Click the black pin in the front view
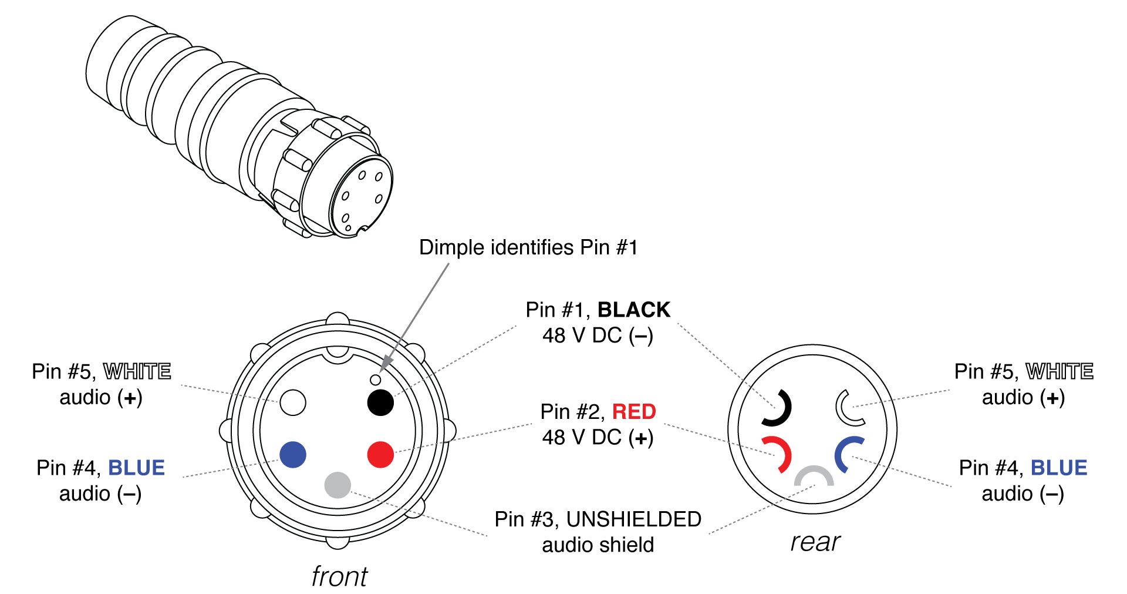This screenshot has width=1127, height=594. click(x=380, y=402)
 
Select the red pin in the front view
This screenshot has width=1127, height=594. click(x=380, y=455)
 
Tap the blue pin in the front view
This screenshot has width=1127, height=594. click(x=293, y=455)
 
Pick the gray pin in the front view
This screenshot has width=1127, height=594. click(x=338, y=485)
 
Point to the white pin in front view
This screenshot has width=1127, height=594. click(x=293, y=402)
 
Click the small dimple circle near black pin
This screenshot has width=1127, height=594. click(x=376, y=380)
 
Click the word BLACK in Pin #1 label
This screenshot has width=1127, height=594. click(x=633, y=310)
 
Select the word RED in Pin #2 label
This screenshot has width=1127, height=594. click(x=633, y=411)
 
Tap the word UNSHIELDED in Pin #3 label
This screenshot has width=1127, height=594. click(x=633, y=519)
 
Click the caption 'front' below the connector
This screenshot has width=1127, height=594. click(x=339, y=576)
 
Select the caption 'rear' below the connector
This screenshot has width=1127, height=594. click(x=815, y=542)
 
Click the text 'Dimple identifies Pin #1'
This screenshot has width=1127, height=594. click(x=528, y=247)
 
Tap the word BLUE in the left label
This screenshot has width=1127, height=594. click(x=136, y=468)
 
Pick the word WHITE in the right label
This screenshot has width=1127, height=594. click(x=1059, y=371)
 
